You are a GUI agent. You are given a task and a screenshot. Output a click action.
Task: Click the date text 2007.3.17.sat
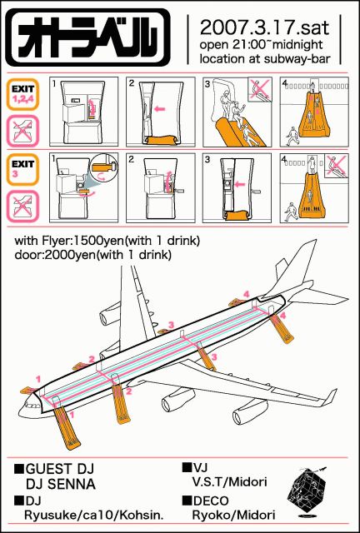click(264, 27)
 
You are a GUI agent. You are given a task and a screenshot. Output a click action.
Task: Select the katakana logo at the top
click(87, 37)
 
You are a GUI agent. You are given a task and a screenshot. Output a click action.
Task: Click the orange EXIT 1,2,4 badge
click(22, 94)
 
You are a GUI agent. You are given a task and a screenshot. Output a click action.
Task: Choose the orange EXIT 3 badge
click(22, 169)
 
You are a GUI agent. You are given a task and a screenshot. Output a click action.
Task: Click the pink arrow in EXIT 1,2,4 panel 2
click(159, 109)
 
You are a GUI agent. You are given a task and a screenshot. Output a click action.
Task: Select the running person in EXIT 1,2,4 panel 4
click(292, 135)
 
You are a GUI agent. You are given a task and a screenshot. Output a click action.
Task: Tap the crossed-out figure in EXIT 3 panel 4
click(336, 166)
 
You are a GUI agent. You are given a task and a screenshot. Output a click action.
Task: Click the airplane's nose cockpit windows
click(32, 406)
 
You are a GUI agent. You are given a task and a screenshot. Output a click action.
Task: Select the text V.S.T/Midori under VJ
click(229, 481)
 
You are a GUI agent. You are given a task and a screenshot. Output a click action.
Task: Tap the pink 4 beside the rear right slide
click(283, 316)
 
